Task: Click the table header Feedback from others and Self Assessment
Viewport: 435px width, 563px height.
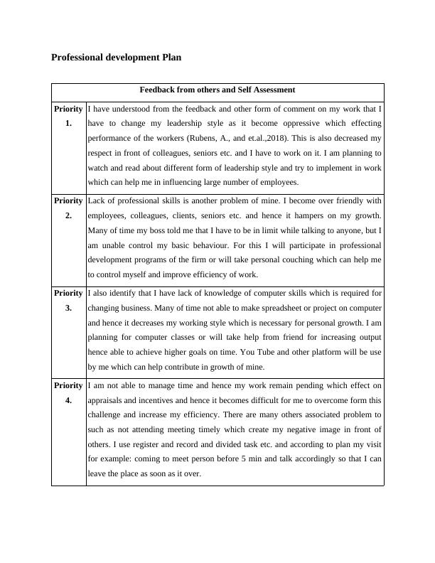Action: (217, 90)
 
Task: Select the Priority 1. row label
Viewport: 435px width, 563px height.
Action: (68, 116)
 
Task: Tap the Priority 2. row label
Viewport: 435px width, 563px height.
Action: (68, 208)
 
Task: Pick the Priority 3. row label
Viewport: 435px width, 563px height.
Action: (68, 299)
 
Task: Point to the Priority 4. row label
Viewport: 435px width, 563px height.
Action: (68, 392)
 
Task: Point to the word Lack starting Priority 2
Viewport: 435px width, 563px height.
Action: (97, 200)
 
